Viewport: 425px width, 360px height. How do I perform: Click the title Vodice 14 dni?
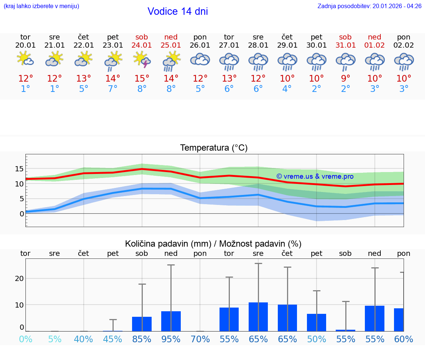click(x=177, y=11)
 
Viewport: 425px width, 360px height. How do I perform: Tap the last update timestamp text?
click(x=369, y=6)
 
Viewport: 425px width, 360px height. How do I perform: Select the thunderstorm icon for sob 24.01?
click(x=142, y=60)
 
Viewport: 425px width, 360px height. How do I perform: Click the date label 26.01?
click(x=200, y=45)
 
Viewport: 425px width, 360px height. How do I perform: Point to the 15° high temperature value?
click(x=142, y=79)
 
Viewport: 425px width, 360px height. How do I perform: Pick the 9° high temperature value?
click(x=346, y=79)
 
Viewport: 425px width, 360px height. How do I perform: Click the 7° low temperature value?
click(x=113, y=89)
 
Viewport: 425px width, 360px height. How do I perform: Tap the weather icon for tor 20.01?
click(x=25, y=59)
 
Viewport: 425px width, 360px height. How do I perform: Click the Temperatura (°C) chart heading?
click(x=214, y=148)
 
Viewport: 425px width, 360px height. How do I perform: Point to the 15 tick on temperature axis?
click(x=19, y=169)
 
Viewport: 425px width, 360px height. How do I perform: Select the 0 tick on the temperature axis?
click(x=22, y=214)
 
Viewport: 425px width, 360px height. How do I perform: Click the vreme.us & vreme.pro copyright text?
click(x=315, y=176)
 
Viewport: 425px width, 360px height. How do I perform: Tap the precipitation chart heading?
click(x=213, y=244)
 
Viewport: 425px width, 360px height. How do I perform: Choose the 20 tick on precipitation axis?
click(x=20, y=278)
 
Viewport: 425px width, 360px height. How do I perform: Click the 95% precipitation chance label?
click(x=171, y=339)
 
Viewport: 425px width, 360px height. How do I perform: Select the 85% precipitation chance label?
click(x=142, y=339)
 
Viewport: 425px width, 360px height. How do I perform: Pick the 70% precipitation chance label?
click(x=200, y=339)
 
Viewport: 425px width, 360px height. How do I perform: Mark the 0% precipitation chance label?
click(x=25, y=339)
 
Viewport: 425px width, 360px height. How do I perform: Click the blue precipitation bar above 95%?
click(x=171, y=321)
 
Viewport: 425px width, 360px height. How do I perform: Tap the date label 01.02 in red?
click(x=375, y=45)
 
